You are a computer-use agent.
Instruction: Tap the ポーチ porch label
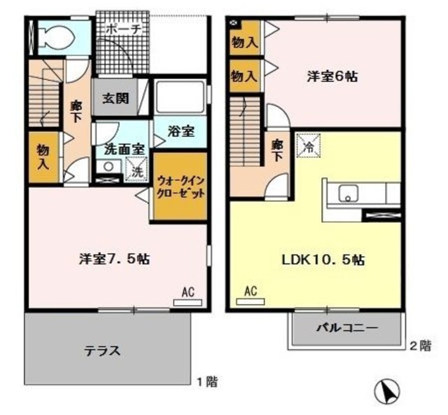(125, 29)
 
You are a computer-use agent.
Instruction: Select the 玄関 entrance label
(116, 98)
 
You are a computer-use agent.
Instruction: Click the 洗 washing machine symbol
(136, 170)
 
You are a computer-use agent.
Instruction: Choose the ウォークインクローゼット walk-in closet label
(180, 186)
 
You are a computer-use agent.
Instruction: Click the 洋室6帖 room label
(332, 76)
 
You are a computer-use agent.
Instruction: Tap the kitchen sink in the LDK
(348, 194)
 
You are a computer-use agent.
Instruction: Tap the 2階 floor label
(420, 345)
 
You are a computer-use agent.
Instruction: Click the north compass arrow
(388, 390)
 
